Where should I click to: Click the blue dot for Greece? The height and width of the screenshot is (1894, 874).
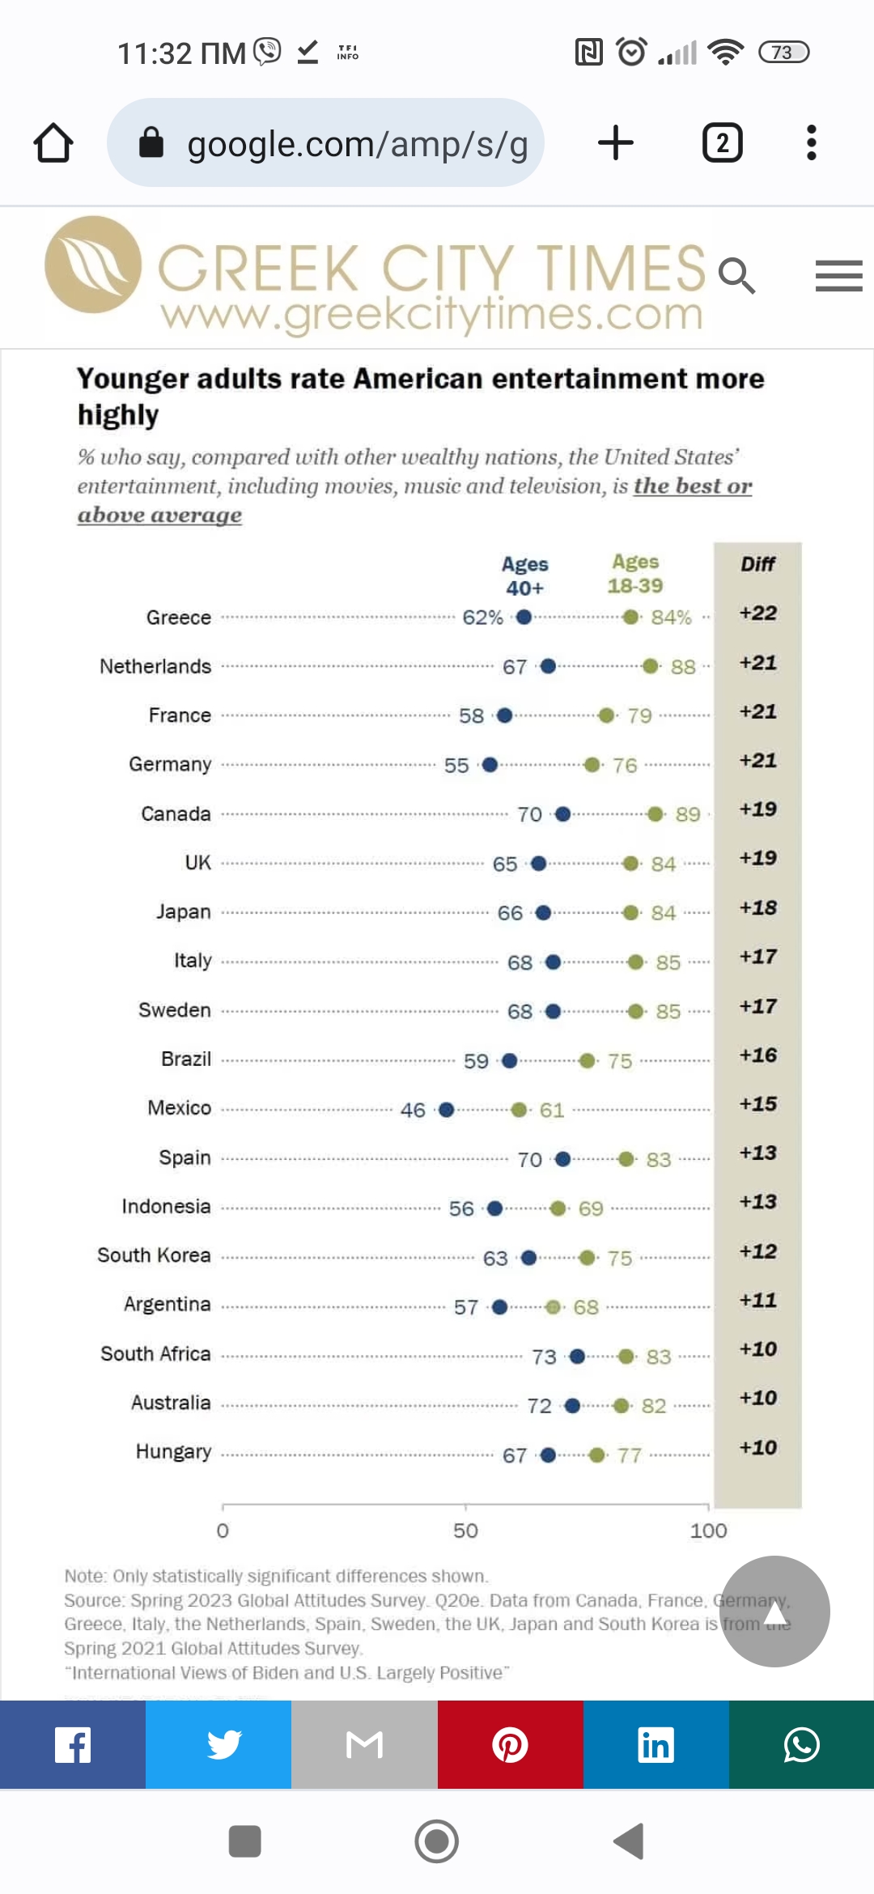pyautogui.click(x=524, y=618)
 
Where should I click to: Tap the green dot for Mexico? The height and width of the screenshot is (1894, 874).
pyautogui.click(x=519, y=1110)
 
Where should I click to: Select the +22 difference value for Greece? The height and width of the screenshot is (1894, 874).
pyautogui.click(x=757, y=614)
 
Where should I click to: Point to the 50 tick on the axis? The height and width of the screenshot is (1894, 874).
pyautogui.click(x=465, y=1530)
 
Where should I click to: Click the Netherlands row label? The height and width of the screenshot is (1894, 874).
pyautogui.click(x=155, y=666)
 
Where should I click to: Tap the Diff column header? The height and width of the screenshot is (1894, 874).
pyautogui.click(x=757, y=564)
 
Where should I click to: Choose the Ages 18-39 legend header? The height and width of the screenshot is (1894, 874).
pyautogui.click(x=635, y=574)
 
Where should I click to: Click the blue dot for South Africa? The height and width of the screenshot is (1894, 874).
pyautogui.click(x=577, y=1357)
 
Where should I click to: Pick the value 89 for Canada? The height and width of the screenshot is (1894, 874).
pyautogui.click(x=688, y=814)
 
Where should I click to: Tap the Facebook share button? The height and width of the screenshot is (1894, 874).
pyautogui.click(x=73, y=1744)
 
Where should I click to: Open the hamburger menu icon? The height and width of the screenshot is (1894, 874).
pyautogui.click(x=838, y=276)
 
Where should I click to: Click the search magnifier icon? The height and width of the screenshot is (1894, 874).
pyautogui.click(x=736, y=276)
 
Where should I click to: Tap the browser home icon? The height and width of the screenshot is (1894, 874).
pyautogui.click(x=53, y=143)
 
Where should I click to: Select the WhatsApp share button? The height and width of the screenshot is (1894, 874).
pyautogui.click(x=801, y=1744)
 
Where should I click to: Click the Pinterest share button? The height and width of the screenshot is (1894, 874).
pyautogui.click(x=510, y=1744)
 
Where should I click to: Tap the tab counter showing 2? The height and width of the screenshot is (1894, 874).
pyautogui.click(x=722, y=143)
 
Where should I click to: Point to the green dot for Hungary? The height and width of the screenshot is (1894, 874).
pyautogui.click(x=596, y=1455)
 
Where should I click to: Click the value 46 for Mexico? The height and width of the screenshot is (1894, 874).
pyautogui.click(x=413, y=1110)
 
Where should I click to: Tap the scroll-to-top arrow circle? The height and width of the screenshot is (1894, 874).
pyautogui.click(x=774, y=1612)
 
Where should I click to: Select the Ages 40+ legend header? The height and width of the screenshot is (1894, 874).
pyautogui.click(x=524, y=575)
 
